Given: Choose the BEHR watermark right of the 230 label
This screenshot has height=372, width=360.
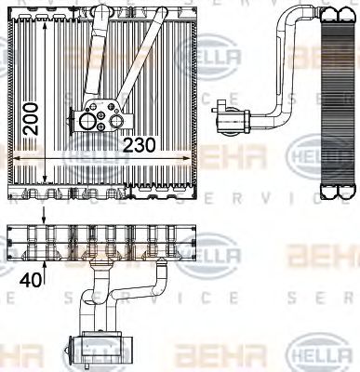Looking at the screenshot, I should tap(216, 151).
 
